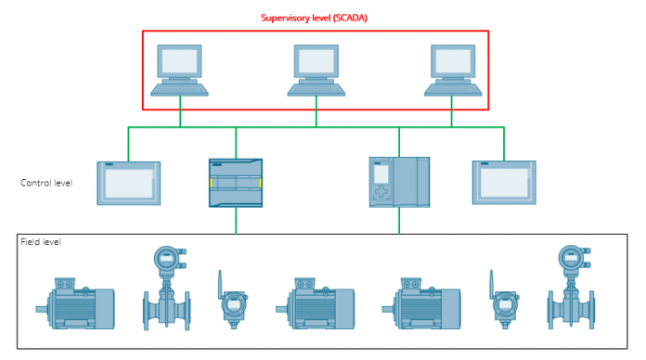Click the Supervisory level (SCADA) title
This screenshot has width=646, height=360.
[x=314, y=18]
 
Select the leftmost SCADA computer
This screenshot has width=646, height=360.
[x=180, y=71]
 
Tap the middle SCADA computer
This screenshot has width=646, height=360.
[x=317, y=71]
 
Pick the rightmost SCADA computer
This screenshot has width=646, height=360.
[x=453, y=71]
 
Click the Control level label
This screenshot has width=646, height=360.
[x=46, y=183]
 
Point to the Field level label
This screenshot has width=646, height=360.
[x=41, y=242]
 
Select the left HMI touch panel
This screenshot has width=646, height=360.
[x=128, y=184]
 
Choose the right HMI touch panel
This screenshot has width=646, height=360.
[x=504, y=183]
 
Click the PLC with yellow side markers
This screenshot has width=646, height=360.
[x=236, y=183]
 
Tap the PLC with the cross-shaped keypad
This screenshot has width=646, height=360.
[x=399, y=182]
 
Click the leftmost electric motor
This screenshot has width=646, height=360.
[x=75, y=303]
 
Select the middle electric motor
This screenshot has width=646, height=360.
[x=316, y=303]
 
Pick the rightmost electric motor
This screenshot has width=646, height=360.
[x=421, y=303]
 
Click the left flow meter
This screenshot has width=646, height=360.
[x=166, y=289]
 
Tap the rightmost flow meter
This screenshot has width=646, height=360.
[x=571, y=288]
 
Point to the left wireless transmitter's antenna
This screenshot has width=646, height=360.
[x=220, y=284]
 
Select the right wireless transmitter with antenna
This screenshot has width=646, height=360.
[x=504, y=300]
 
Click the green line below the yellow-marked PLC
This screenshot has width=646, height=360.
[x=236, y=221]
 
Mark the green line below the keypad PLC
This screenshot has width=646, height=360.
[x=399, y=221]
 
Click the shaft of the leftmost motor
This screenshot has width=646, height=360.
[x=42, y=309]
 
